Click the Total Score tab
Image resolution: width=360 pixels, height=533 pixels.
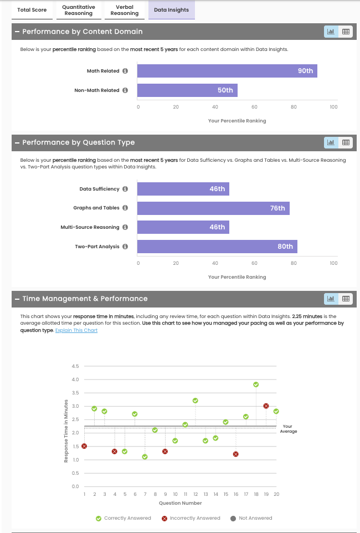(x=32, y=10)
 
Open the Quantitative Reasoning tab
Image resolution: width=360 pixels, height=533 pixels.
(x=78, y=10)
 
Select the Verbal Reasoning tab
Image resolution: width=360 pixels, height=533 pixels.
(x=124, y=10)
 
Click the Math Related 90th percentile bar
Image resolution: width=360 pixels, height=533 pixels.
(x=227, y=71)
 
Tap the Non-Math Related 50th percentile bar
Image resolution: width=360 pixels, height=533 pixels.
(x=187, y=90)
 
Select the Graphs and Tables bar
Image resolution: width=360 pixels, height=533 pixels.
(x=213, y=208)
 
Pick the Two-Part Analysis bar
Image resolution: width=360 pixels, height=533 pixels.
(x=217, y=247)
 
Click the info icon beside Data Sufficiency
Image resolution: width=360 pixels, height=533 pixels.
(x=125, y=189)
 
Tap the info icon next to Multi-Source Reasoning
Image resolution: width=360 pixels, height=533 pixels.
(x=125, y=227)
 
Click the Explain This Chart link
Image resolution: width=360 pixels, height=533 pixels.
(x=76, y=330)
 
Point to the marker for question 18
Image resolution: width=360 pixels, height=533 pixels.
(x=256, y=385)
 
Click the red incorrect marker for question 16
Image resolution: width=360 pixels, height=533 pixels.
(x=236, y=454)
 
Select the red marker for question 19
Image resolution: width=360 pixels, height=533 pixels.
(x=266, y=406)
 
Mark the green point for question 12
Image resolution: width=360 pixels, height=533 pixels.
(x=195, y=400)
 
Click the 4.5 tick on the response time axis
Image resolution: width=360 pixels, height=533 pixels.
(x=75, y=366)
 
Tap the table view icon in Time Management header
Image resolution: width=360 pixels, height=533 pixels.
(x=346, y=299)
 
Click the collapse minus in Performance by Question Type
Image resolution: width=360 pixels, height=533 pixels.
(x=17, y=142)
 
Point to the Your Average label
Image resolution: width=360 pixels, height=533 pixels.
(x=289, y=428)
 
